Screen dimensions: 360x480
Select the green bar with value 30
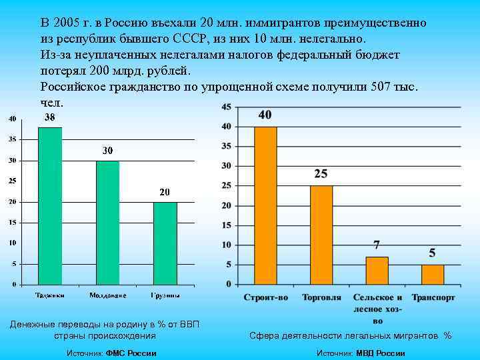pos(107,223)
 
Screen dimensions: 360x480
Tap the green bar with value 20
pos(165,243)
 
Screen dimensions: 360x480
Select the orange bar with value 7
pos(377,271)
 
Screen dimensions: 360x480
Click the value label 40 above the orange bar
pos(265,115)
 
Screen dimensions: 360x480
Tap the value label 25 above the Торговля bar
pos(321,174)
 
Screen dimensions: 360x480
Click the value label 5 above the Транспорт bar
pos(433,253)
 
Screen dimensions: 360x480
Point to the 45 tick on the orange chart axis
pos(226,107)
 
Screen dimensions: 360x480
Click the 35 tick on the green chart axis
pos(12,140)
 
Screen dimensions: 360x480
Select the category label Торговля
pos(321,297)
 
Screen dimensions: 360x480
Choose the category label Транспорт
pos(433,297)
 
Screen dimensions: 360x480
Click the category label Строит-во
pos(265,297)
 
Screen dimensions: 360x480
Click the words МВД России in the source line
pos(380,353)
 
